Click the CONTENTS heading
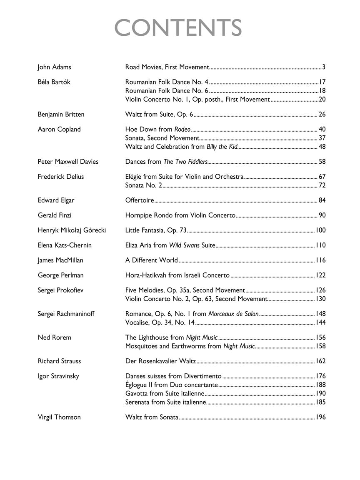pyautogui.click(x=178, y=28)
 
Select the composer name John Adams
pyautogui.click(x=54, y=67)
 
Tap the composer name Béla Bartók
pyautogui.click(x=54, y=82)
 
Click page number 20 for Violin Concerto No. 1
pyautogui.click(x=322, y=100)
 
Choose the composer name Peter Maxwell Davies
pyautogui.click(x=68, y=162)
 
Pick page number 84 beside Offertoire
pyautogui.click(x=322, y=200)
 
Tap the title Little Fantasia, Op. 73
pyautogui.click(x=156, y=230)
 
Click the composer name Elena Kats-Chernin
pyautogui.click(x=65, y=245)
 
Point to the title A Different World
pyautogui.click(x=152, y=260)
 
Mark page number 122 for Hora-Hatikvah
pyautogui.click(x=320, y=275)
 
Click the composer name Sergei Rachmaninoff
pyautogui.click(x=66, y=314)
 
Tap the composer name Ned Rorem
pyautogui.click(x=54, y=337)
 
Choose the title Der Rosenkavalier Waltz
pyautogui.click(x=160, y=361)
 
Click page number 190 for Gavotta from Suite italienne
pyautogui.click(x=320, y=393)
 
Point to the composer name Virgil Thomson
pyautogui.click(x=59, y=417)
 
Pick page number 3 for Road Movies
pyautogui.click(x=324, y=67)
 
